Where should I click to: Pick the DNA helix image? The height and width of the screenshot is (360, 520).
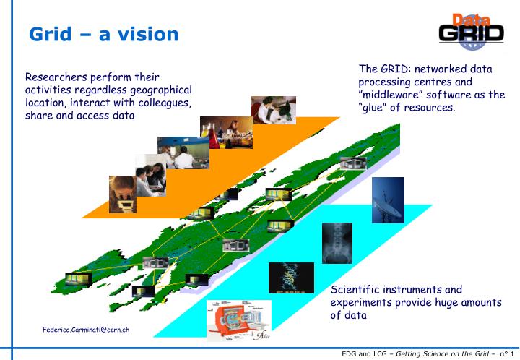click(286, 277)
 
